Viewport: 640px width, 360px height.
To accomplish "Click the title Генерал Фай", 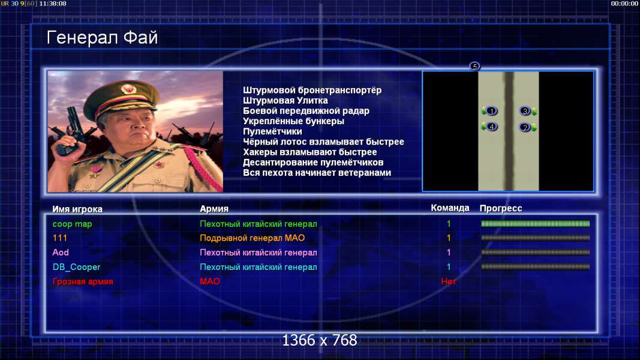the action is [102, 38].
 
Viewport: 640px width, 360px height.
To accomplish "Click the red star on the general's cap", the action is [128, 89].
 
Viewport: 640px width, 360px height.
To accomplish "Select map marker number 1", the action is [491, 111].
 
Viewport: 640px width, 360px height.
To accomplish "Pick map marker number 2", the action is [525, 127].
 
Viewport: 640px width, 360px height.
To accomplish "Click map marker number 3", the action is [525, 110].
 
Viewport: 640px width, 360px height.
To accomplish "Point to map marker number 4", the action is [491, 127].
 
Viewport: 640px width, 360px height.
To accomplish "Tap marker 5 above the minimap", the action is [474, 66].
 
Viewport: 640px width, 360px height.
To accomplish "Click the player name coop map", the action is [72, 224].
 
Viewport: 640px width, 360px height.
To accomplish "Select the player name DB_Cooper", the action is [76, 267].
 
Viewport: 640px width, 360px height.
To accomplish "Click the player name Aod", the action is [61, 253].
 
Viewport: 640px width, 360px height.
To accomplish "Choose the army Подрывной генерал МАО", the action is [253, 238].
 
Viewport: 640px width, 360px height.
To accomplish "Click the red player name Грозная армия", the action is [83, 281].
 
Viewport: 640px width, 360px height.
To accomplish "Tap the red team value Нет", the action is [449, 281].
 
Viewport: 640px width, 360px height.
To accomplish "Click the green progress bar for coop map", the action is [536, 224].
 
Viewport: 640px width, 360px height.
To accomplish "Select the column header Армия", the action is [214, 209].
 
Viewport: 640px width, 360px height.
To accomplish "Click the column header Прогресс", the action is [501, 208].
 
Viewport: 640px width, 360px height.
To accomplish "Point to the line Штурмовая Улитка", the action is [286, 100].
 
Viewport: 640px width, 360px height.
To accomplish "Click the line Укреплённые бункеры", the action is [293, 121].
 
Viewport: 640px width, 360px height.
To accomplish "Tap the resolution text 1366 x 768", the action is [320, 340].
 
